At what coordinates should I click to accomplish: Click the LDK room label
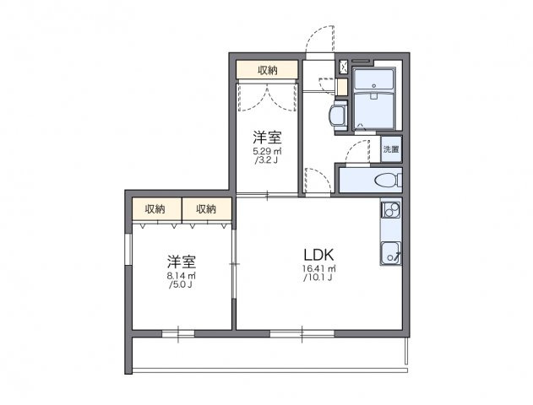point(320,255)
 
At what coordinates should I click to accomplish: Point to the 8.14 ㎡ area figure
point(181,276)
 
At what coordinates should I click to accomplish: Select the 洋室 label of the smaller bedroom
point(267,138)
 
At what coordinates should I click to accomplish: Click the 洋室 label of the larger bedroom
point(181,261)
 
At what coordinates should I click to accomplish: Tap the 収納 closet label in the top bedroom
point(267,70)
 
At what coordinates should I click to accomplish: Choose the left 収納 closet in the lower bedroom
point(155,208)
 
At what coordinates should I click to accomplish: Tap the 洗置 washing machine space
point(391,148)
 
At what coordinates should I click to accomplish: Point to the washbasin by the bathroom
point(338,116)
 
